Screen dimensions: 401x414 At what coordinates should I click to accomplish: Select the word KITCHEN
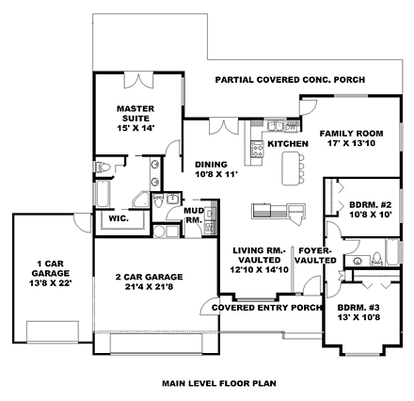287,144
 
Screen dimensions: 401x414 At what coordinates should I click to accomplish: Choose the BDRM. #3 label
358,312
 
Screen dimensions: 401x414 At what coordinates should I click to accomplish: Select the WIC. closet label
118,218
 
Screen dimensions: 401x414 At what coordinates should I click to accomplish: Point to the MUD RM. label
194,216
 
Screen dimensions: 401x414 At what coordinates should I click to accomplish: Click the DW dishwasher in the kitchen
256,131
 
